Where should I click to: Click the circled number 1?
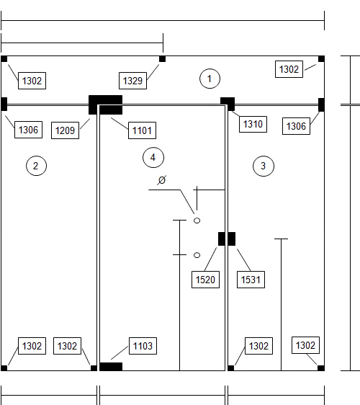click(x=210, y=79)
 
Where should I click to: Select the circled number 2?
click(x=37, y=166)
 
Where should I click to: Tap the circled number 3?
click(x=264, y=166)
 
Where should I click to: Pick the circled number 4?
click(x=153, y=157)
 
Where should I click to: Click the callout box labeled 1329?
click(x=133, y=81)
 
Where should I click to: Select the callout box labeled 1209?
click(x=65, y=130)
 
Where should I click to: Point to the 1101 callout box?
click(x=142, y=130)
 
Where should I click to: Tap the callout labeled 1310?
click(x=253, y=124)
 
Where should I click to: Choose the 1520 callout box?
click(x=205, y=280)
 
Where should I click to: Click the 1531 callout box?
click(x=251, y=280)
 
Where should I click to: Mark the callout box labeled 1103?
click(x=143, y=346)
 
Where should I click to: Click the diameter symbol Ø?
click(x=161, y=180)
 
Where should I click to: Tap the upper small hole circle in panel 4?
click(x=197, y=221)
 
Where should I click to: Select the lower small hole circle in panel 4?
click(x=197, y=255)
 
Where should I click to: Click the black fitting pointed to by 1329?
click(x=162, y=59)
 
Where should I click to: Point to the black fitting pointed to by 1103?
click(x=111, y=367)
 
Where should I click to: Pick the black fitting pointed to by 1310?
click(x=228, y=104)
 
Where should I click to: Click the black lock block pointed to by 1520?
click(x=222, y=239)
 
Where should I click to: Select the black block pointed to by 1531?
click(x=232, y=239)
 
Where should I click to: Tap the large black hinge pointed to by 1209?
click(x=105, y=104)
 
